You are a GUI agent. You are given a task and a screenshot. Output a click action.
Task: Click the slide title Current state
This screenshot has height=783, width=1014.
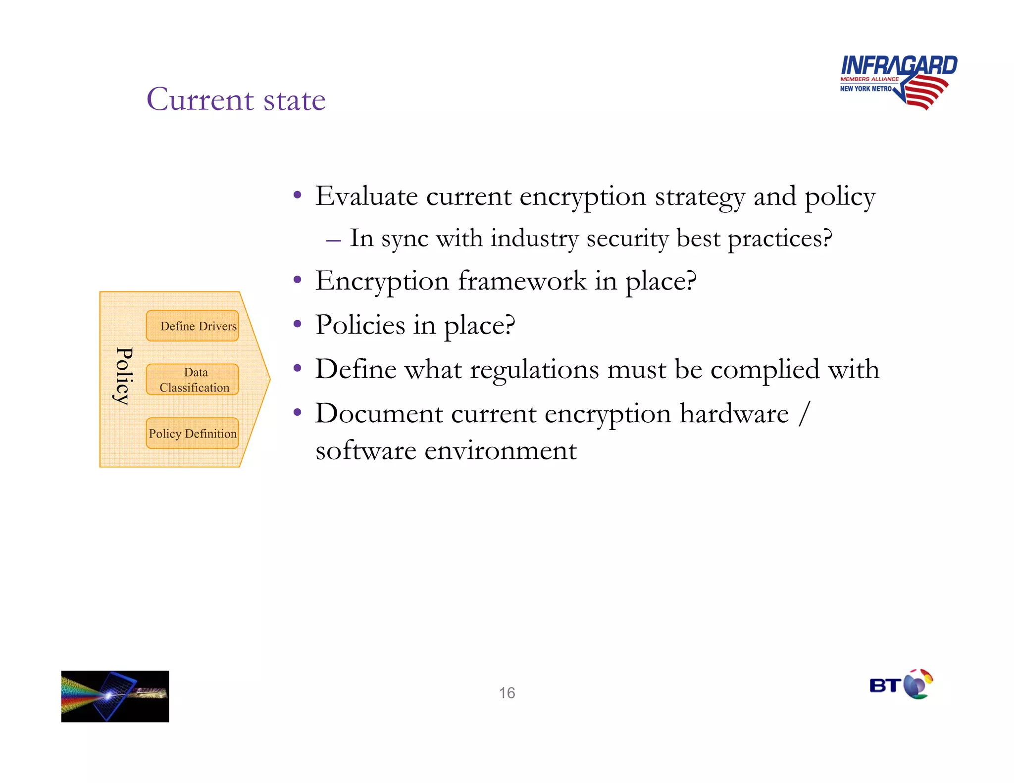[x=236, y=99]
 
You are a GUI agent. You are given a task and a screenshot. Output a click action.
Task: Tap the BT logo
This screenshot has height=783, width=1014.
[x=901, y=685]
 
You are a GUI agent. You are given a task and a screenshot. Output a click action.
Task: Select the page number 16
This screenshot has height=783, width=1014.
[x=507, y=693]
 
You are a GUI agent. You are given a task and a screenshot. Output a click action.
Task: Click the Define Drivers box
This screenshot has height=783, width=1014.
[x=193, y=326]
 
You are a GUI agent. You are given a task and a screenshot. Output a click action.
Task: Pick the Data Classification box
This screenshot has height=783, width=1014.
[x=193, y=380]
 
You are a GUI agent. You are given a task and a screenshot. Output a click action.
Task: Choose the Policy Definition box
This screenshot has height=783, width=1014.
[x=193, y=434]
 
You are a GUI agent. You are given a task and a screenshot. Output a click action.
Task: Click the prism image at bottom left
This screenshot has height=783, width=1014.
[x=115, y=696]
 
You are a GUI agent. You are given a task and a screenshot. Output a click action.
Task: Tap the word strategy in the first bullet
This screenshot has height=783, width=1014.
[x=700, y=197]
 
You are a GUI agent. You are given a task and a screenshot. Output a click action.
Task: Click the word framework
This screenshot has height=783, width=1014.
[x=522, y=281]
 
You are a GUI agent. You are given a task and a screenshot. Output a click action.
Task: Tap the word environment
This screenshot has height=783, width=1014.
[x=500, y=451]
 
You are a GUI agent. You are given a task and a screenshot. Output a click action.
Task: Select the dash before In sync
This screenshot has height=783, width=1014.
[x=333, y=241]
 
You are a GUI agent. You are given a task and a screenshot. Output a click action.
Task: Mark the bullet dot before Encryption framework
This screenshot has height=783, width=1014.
[x=297, y=280]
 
